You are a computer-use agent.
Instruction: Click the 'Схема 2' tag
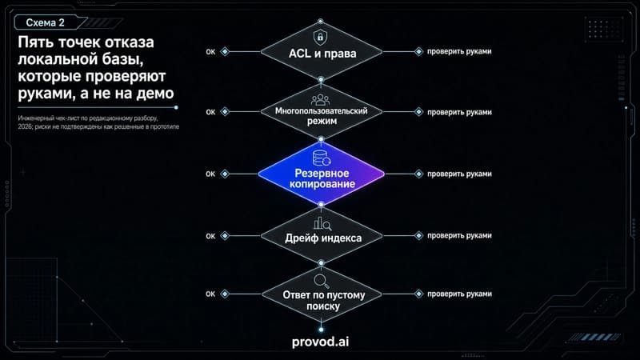46,23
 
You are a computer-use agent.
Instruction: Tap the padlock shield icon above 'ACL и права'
321,37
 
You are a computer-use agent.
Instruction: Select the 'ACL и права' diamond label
322,54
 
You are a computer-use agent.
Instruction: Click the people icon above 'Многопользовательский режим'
321,99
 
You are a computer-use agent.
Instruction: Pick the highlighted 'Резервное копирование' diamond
322,174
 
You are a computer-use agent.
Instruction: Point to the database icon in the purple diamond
322,158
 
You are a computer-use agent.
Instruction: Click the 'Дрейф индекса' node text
323,238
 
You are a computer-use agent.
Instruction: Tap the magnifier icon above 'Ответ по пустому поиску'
322,282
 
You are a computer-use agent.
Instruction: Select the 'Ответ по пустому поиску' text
324,300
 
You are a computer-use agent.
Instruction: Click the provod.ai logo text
321,342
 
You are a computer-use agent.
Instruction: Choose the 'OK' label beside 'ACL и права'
210,52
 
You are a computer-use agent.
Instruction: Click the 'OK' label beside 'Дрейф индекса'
210,236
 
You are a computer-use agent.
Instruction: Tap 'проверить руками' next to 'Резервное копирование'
459,174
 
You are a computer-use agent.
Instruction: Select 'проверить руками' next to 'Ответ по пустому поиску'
459,294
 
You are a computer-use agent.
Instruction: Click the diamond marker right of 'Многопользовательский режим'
418,112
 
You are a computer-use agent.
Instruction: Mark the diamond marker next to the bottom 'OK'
225,294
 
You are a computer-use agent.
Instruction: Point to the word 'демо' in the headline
155,94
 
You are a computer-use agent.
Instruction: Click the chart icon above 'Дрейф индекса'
322,224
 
